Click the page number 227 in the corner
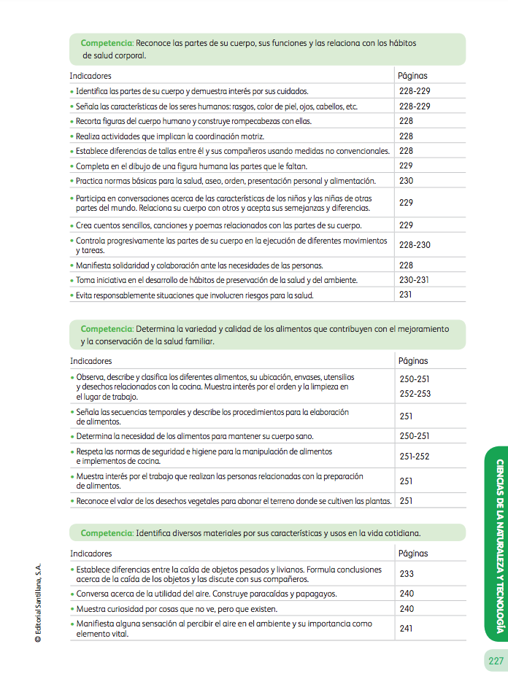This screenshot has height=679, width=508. [x=496, y=661]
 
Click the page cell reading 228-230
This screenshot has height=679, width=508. [x=415, y=245]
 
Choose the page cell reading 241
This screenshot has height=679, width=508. [x=407, y=628]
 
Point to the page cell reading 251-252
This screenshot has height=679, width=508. [x=415, y=457]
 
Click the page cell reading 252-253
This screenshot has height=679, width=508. [x=415, y=393]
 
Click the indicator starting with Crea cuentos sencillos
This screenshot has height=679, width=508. [x=218, y=225]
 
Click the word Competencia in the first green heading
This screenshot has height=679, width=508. [x=107, y=43]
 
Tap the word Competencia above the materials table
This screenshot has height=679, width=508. [x=107, y=532]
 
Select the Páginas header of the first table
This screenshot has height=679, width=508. [x=412, y=75]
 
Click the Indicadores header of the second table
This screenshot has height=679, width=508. [x=91, y=360]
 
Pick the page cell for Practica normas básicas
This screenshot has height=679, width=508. [x=407, y=181]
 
